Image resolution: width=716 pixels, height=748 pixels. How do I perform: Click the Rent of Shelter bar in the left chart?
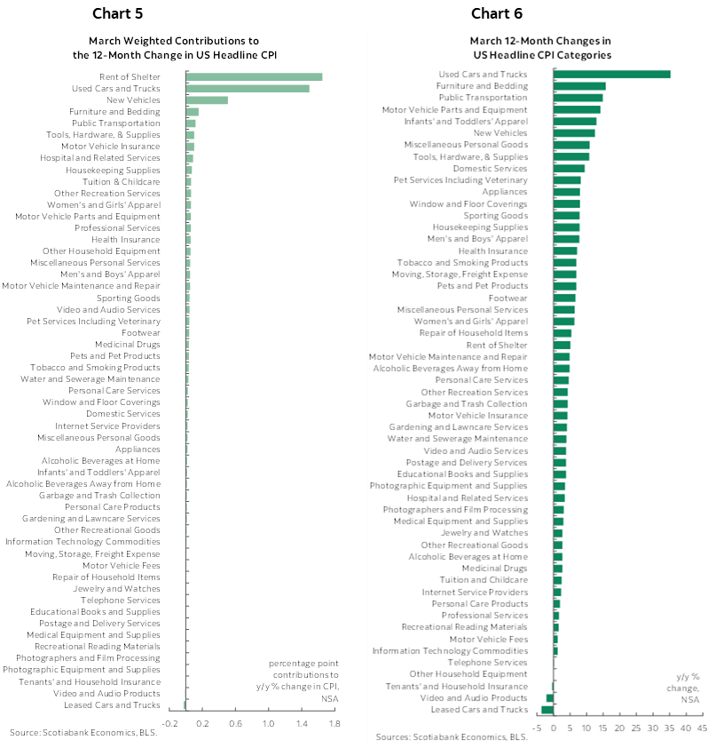pos(254,77)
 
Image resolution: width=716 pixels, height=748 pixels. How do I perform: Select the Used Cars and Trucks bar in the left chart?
pos(248,89)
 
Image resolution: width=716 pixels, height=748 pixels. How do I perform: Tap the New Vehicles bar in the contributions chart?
pos(207,100)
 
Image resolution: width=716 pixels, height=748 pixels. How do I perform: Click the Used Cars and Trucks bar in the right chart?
pos(612,75)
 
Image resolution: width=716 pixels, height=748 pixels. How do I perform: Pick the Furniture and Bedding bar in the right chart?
pos(579,86)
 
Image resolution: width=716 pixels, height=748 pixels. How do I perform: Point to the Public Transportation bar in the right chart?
pos(578,98)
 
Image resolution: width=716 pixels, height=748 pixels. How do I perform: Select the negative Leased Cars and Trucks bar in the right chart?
pos(547,710)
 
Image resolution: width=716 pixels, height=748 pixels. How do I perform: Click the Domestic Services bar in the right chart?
pos(569,169)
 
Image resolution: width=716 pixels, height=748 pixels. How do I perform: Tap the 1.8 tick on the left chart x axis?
pos(334,725)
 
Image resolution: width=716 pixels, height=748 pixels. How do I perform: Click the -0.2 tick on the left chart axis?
pos(169,725)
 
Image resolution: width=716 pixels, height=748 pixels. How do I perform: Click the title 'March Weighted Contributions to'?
pos(174,41)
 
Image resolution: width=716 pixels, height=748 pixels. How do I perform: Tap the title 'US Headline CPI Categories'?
pos(540,54)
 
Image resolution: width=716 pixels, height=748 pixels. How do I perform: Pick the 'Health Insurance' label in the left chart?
pos(126,240)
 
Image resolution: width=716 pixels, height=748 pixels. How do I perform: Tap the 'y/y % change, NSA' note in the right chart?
pos(689,688)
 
